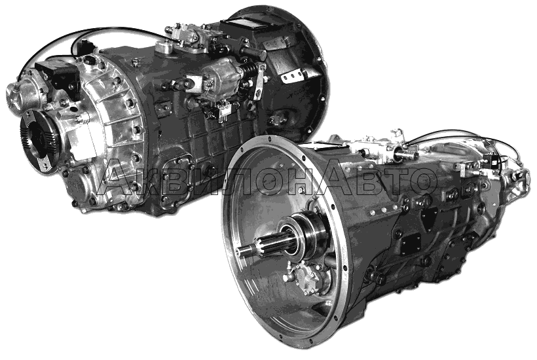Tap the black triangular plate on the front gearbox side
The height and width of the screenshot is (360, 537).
tap(428, 219)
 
